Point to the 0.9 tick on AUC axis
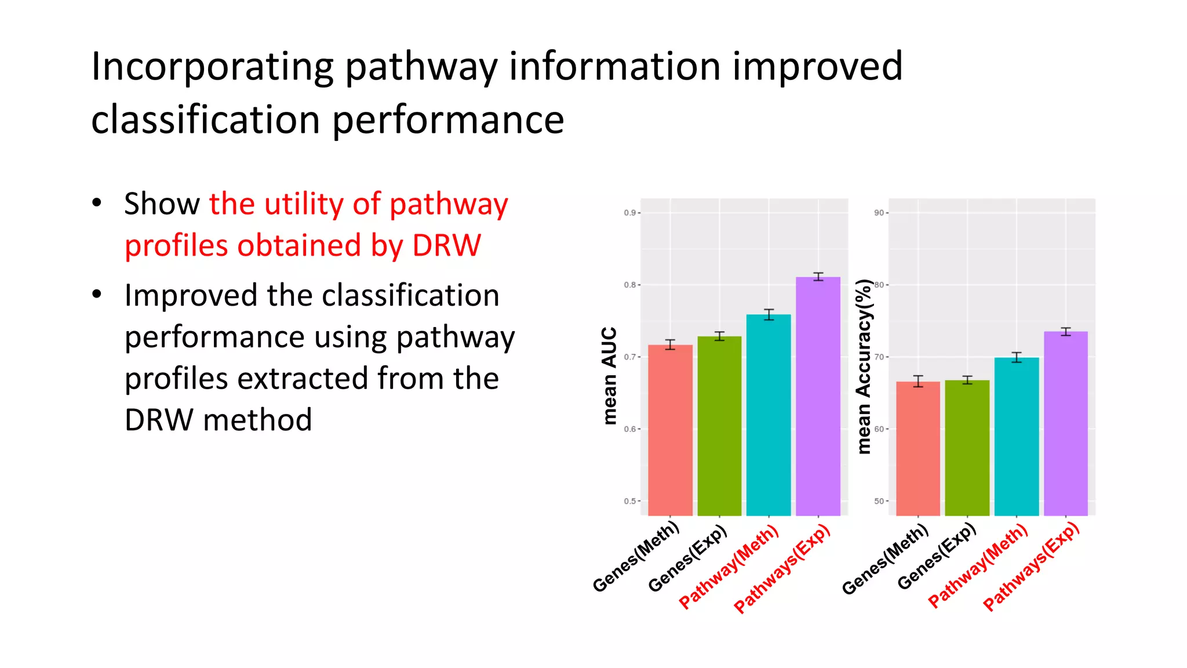631,213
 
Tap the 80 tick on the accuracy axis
880,285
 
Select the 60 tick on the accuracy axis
880,429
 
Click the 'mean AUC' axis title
609,376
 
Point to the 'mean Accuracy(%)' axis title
864,366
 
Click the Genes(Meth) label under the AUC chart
636,557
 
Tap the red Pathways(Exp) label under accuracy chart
1032,567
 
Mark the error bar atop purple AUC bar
818,277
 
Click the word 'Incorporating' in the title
212,67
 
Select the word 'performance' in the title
448,120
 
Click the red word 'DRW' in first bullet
446,245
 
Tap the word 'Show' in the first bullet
162,204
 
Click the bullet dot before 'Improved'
97,295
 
